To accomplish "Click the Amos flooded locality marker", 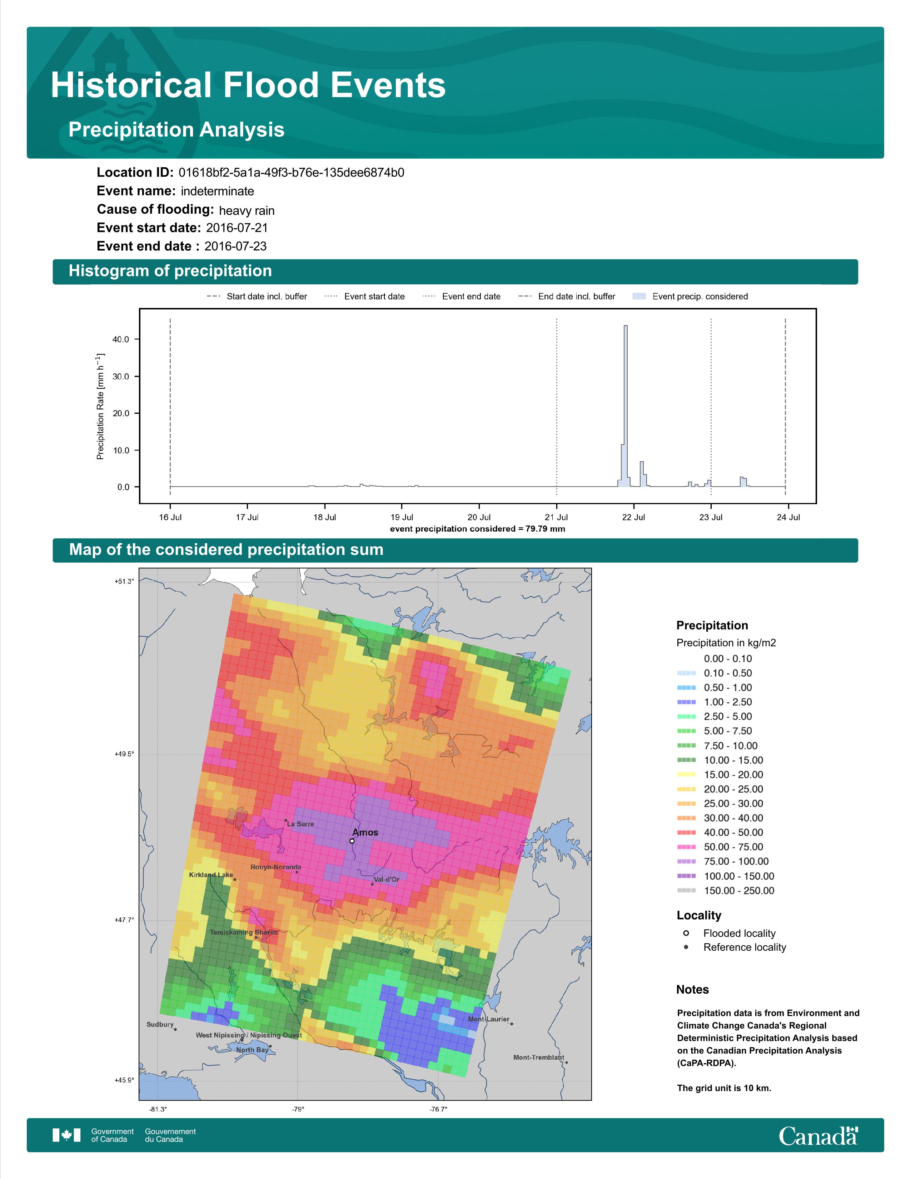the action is [x=352, y=841].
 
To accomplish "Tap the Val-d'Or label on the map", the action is [x=387, y=879].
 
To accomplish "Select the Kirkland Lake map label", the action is [x=211, y=875].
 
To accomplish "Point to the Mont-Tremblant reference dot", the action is [x=566, y=1063].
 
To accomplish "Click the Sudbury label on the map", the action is [x=160, y=1024].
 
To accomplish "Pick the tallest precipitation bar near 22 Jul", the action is [x=626, y=406].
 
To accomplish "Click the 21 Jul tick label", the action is [x=556, y=517].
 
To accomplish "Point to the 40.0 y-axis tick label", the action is [x=121, y=339].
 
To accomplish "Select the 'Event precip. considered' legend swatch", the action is [x=639, y=297].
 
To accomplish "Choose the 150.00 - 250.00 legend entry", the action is [x=725, y=891].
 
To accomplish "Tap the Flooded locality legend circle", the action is [x=686, y=933].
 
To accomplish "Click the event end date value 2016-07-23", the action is [x=235, y=246].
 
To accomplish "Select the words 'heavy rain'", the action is [x=247, y=210].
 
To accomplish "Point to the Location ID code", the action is [x=292, y=173].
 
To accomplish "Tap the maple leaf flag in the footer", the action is [x=66, y=1135].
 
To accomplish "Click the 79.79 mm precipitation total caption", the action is [x=478, y=528].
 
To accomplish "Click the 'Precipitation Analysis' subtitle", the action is [x=176, y=130].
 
